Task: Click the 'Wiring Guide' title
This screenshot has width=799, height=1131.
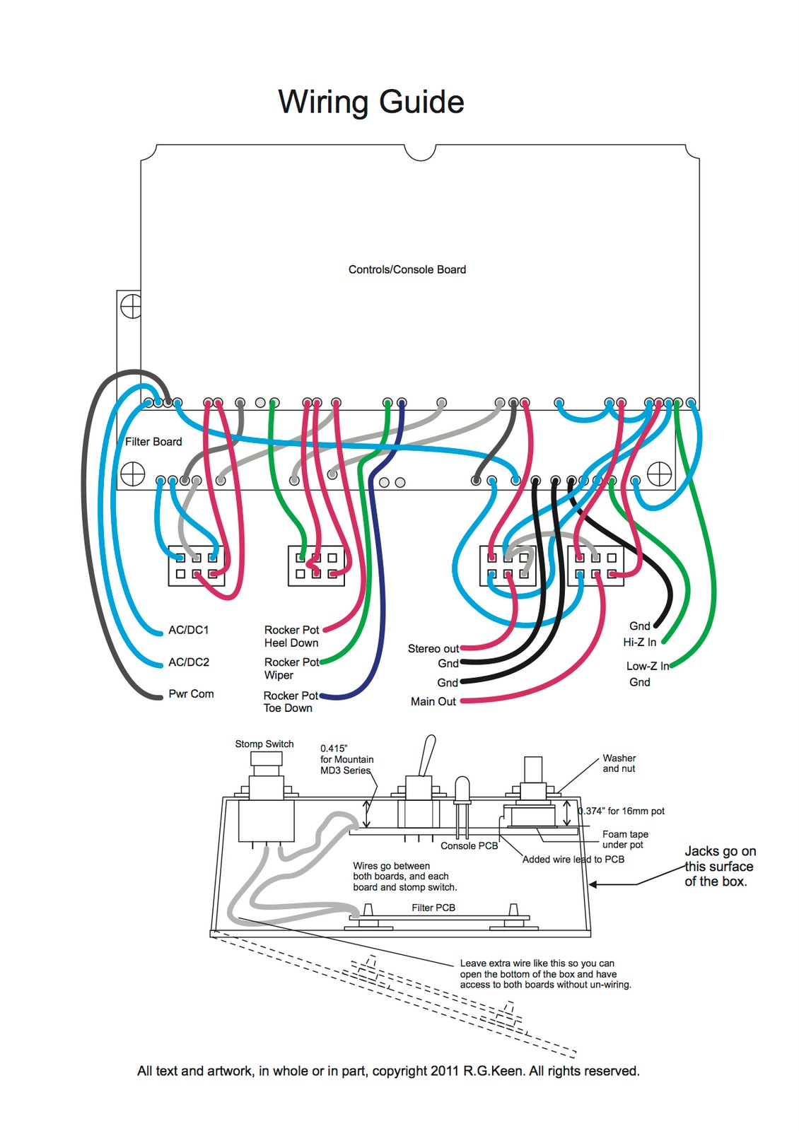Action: tap(371, 102)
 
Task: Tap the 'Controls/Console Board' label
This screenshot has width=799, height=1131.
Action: tap(407, 269)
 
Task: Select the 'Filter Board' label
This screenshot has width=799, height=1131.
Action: tap(153, 442)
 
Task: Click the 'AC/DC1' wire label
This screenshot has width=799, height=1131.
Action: tap(188, 630)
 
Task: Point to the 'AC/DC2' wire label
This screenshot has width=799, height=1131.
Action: tap(188, 662)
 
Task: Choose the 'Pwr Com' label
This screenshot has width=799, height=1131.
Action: tap(191, 693)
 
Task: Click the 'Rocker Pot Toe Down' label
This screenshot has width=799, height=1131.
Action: tap(291, 702)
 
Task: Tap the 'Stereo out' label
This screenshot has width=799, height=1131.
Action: tap(433, 649)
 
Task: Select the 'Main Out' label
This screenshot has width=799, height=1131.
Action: tap(433, 701)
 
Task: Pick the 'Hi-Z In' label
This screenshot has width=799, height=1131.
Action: tap(639, 643)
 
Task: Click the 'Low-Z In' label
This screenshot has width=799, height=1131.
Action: tap(648, 666)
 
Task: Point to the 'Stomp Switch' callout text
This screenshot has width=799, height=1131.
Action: tap(264, 744)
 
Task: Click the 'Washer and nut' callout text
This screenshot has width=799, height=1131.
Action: tap(619, 763)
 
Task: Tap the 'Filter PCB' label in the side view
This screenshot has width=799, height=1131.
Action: tap(433, 908)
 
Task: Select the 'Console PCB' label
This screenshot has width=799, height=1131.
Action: tap(470, 845)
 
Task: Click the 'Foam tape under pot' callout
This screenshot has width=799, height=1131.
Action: tap(625, 839)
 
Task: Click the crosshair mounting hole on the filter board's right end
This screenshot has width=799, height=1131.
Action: tap(659, 474)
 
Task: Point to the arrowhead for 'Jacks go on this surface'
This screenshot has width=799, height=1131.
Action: tap(593, 884)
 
